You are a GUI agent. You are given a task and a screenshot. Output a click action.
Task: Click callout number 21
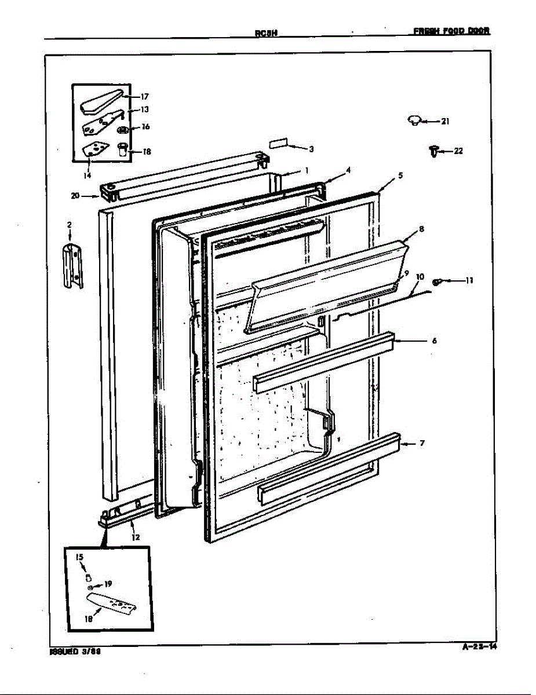pyautogui.click(x=445, y=122)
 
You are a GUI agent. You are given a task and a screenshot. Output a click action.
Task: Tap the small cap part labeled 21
pyautogui.click(x=414, y=120)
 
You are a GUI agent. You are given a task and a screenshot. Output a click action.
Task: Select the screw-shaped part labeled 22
pyautogui.click(x=432, y=152)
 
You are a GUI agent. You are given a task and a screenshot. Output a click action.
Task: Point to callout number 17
pyautogui.click(x=144, y=97)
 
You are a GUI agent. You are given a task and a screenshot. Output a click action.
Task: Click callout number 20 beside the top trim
pyautogui.click(x=75, y=196)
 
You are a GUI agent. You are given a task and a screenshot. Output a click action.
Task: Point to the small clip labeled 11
pyautogui.click(x=439, y=281)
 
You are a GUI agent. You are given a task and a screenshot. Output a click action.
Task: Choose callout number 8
pyautogui.click(x=421, y=229)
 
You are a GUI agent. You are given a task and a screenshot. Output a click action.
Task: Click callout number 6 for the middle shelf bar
pyautogui.click(x=434, y=341)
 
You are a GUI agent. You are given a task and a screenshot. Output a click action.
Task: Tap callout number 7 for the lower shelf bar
pyautogui.click(x=422, y=444)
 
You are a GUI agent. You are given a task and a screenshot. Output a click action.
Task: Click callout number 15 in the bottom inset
pyautogui.click(x=80, y=557)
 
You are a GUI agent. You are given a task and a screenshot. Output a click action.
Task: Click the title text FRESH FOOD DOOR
pyautogui.click(x=452, y=31)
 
